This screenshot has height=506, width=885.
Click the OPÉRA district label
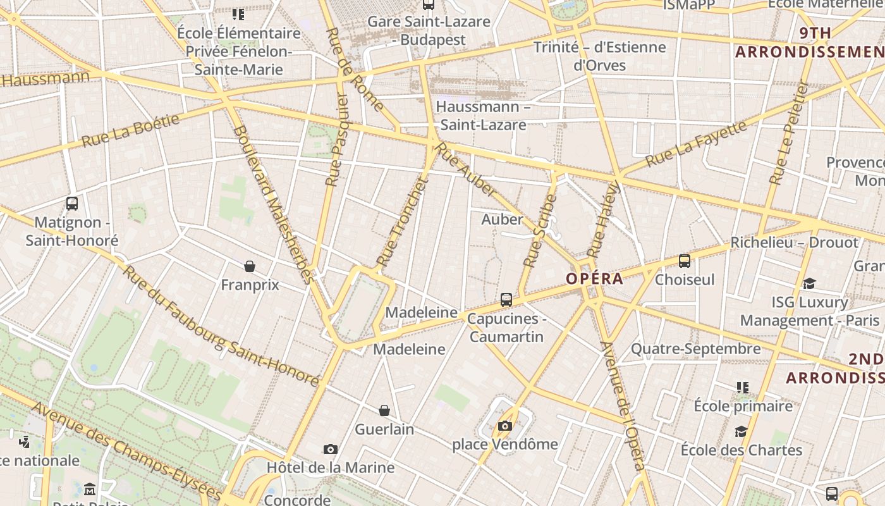(594, 278)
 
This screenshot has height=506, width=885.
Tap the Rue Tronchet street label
(403, 221)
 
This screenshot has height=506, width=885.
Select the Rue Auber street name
(467, 169)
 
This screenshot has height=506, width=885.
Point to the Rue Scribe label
(539, 230)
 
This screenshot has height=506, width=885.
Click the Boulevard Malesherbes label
(273, 204)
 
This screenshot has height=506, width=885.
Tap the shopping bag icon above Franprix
(250, 266)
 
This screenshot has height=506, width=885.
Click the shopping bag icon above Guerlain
(384, 410)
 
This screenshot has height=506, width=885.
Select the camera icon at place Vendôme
(504, 426)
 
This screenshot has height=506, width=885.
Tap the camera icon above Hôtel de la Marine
(330, 449)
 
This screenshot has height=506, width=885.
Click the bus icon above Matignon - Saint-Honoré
(72, 204)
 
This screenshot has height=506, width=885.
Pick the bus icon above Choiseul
(684, 261)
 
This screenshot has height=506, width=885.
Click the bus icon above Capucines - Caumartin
(506, 300)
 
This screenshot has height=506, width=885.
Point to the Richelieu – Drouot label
(795, 242)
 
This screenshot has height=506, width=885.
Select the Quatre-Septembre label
(696, 349)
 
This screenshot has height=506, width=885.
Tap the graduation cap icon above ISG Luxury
(809, 283)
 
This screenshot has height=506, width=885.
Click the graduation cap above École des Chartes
(741, 431)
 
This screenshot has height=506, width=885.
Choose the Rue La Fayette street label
(696, 144)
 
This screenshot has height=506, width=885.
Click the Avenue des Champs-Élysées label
(126, 450)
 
